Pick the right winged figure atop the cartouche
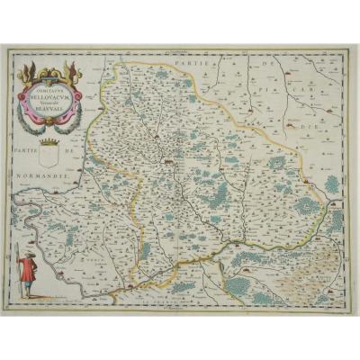click(x=76, y=69)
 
